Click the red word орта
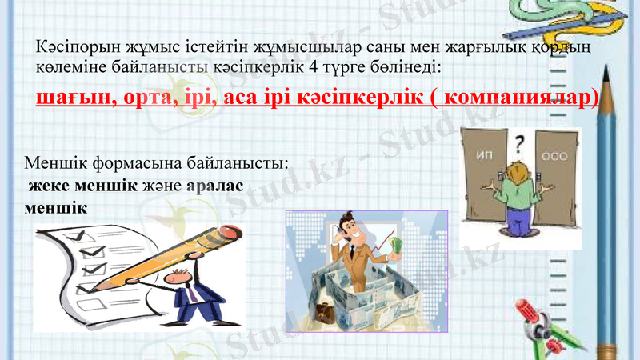coord(151,98)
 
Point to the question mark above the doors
coord(520,145)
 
